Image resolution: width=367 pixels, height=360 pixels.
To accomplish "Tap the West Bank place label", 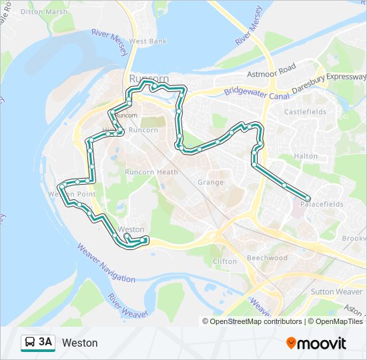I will (148, 41).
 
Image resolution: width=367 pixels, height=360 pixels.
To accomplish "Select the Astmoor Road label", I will (271, 69).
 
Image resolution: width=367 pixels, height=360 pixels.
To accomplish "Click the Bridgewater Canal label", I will (255, 95).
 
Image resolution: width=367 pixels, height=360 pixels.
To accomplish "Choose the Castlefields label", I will (304, 112).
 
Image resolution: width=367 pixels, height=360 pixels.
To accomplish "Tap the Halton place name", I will (306, 156).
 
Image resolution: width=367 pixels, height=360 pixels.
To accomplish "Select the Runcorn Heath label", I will (151, 172).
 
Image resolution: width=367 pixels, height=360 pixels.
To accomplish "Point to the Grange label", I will (210, 182).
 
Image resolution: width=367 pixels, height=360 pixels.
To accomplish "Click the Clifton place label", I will (224, 261).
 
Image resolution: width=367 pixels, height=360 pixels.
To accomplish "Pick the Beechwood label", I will (267, 258).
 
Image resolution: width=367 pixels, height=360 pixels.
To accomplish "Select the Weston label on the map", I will (131, 229).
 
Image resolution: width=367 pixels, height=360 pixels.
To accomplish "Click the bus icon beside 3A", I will (30, 343).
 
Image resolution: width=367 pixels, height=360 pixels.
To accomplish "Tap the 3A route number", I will (45, 343).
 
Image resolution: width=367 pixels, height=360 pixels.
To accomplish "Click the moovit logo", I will (316, 343).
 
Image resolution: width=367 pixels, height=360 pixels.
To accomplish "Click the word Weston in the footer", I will (79, 343).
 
